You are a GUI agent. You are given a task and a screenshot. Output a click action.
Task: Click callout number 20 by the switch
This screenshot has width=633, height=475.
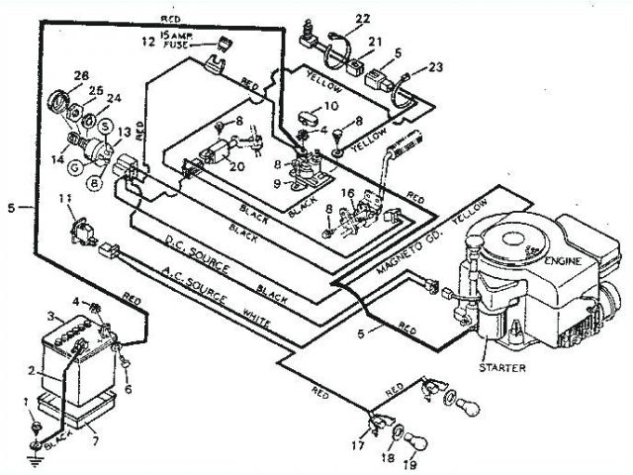235,166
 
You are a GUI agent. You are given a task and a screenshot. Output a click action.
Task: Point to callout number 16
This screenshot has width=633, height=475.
348,194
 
